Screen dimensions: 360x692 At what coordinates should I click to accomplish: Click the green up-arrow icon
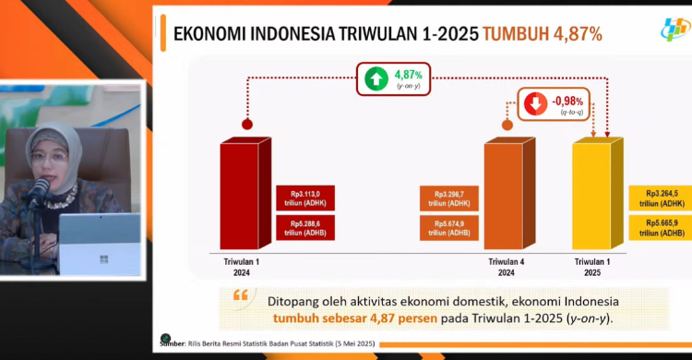(376, 78)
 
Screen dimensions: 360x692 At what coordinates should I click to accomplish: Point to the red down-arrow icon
(535, 102)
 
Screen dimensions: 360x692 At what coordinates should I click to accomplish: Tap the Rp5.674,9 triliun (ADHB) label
(449, 228)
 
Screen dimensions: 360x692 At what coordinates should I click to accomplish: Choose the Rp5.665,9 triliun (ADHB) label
(659, 228)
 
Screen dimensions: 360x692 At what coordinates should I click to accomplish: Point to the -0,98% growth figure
(567, 99)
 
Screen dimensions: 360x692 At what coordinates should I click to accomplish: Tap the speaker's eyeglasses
(49, 158)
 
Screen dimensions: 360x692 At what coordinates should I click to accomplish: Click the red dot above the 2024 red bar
(246, 124)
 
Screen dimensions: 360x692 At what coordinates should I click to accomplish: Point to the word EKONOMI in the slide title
(210, 34)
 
